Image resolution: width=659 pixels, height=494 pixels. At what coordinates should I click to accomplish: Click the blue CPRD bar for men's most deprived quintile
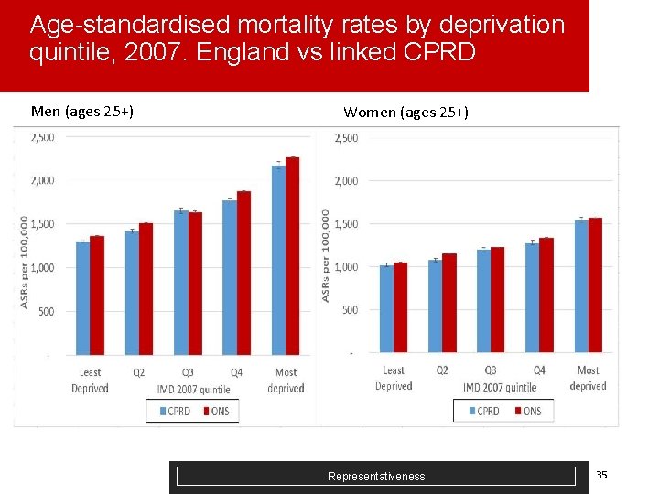[278, 260]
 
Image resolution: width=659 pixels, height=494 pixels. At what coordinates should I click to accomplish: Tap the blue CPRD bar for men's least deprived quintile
[82, 298]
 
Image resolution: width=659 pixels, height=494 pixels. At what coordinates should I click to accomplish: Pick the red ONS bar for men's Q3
[195, 284]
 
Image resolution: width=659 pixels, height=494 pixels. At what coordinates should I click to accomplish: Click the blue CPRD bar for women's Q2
[435, 306]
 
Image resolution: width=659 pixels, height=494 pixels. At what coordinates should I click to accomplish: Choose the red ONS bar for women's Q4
[546, 295]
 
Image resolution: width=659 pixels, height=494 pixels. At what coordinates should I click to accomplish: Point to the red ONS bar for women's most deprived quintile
[595, 285]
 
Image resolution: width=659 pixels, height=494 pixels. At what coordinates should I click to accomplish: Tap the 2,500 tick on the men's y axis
[42, 137]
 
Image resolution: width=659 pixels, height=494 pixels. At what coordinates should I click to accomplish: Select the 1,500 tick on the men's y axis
[42, 224]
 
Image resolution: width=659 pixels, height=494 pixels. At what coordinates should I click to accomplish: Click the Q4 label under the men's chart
[236, 372]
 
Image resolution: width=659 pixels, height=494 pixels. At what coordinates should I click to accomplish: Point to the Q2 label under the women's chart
[442, 370]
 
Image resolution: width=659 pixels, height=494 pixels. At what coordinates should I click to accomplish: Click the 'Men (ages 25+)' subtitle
[82, 112]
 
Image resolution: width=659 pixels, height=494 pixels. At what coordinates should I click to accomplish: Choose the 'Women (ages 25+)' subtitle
[405, 113]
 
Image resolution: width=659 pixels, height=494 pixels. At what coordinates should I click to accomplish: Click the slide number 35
[601, 474]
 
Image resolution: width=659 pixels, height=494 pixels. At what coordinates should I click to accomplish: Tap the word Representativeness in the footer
[376, 476]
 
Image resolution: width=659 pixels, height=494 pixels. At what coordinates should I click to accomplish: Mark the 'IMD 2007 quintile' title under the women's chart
[500, 388]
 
